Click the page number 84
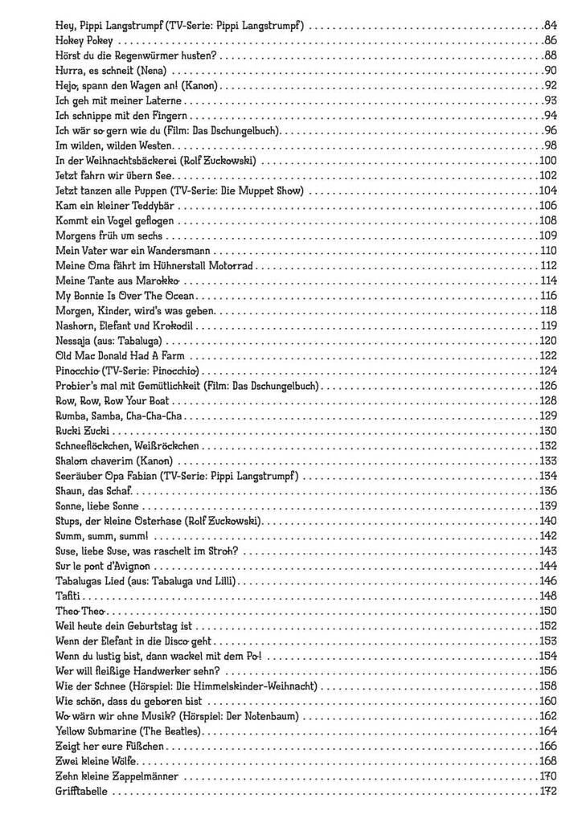click(x=551, y=27)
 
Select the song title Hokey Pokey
click(x=84, y=41)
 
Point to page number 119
click(x=549, y=326)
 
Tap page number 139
click(x=549, y=506)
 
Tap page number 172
click(x=549, y=792)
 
